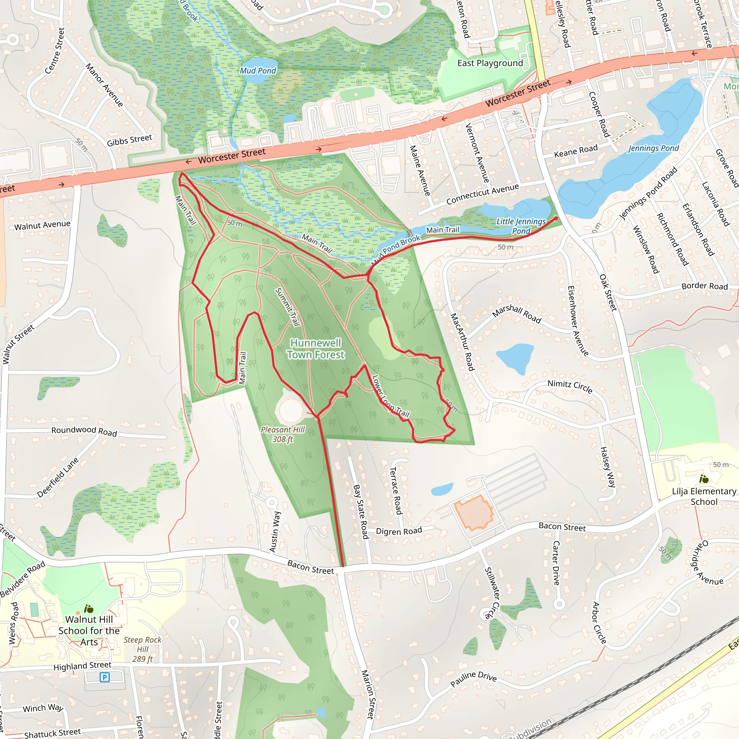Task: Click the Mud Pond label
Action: click(258, 71)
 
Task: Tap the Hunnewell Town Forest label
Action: click(316, 349)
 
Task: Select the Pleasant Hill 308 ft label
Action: click(283, 434)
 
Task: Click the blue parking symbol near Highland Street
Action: click(104, 677)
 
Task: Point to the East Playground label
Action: click(490, 64)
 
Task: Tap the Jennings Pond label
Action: click(653, 148)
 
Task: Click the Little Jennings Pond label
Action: click(521, 226)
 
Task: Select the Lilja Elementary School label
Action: click(704, 496)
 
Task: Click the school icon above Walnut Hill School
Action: click(89, 609)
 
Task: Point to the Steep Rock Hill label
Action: click(143, 649)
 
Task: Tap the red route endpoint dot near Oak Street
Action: click(556, 218)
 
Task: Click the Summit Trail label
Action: click(287, 307)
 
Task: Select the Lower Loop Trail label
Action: click(390, 397)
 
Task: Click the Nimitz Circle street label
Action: click(570, 386)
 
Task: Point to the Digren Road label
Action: click(399, 531)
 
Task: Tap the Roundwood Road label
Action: click(84, 431)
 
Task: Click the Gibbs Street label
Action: click(129, 140)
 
